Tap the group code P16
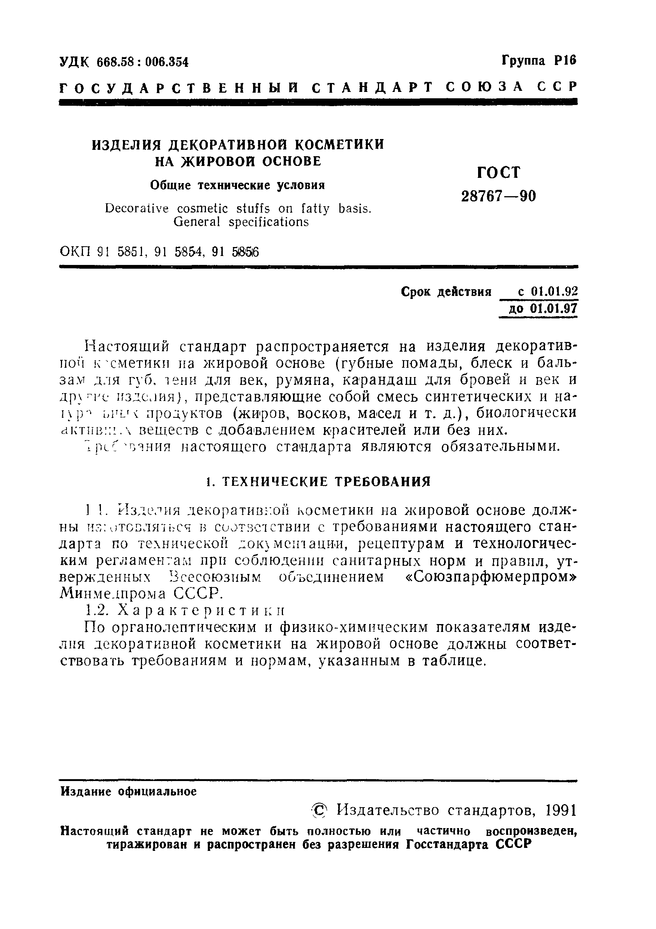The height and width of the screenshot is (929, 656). click(564, 61)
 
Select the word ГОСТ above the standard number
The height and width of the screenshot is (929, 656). click(499, 173)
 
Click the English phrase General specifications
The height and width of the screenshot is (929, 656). click(241, 222)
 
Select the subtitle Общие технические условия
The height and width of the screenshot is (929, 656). click(238, 185)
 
